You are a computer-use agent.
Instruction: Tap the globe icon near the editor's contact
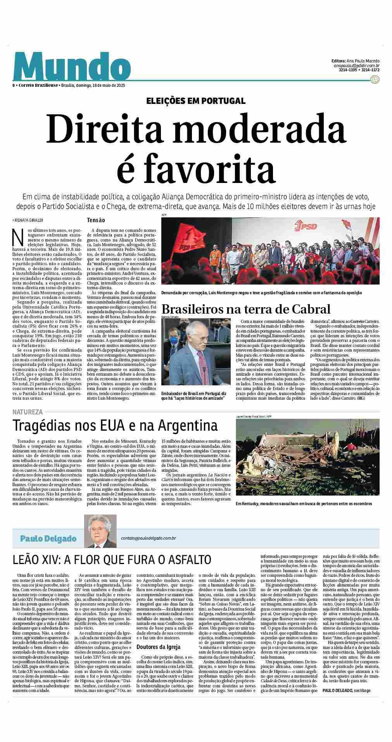click(375, 79)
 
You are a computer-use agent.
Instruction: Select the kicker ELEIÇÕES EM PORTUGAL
click(196, 101)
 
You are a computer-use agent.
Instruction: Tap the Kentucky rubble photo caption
click(304, 504)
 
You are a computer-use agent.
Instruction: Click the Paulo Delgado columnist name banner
click(48, 538)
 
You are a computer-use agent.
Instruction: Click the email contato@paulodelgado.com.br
click(149, 538)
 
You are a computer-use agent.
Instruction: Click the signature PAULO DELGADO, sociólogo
click(346, 690)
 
